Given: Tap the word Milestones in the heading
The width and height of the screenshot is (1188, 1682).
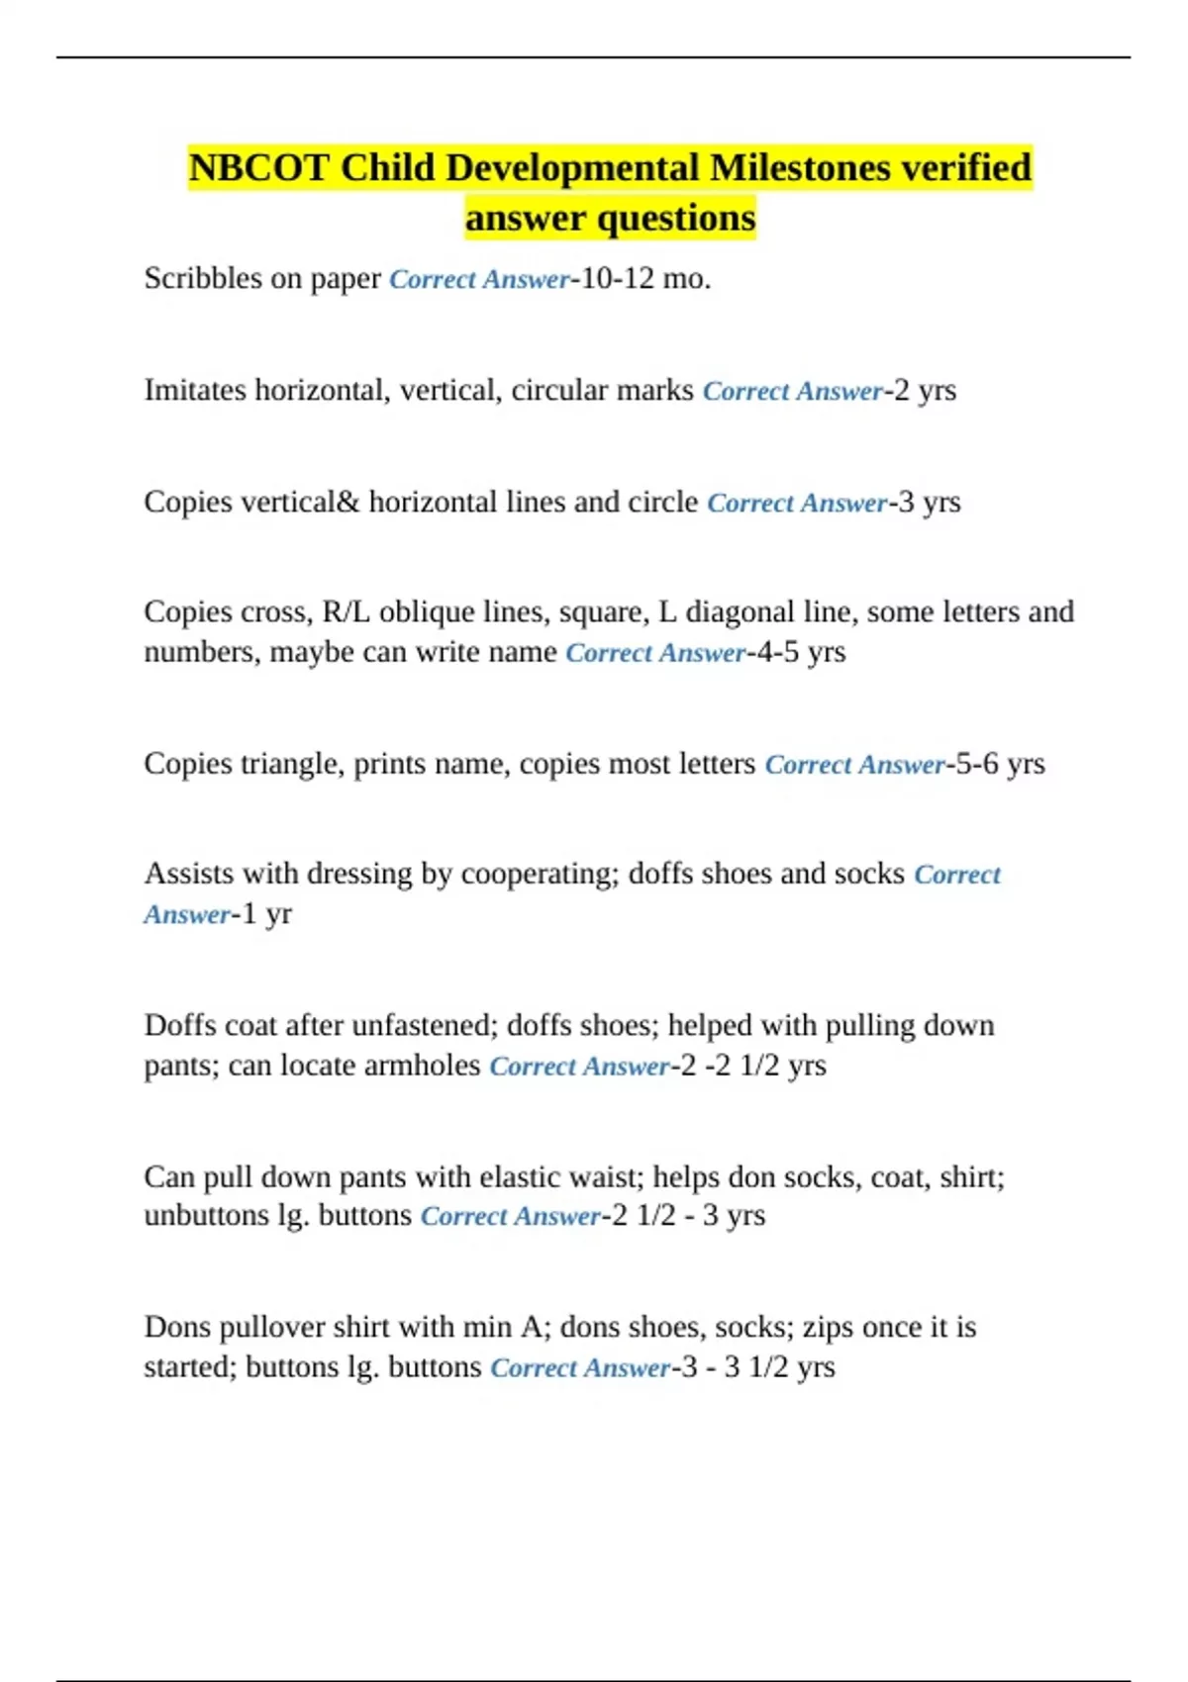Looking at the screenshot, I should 800,168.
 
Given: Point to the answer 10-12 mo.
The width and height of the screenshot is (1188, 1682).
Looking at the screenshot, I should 645,279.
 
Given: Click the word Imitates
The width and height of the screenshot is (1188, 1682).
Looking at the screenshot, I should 195,391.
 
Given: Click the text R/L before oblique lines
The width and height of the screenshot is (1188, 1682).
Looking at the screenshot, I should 346,612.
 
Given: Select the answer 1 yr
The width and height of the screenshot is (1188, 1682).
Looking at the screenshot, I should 267,914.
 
